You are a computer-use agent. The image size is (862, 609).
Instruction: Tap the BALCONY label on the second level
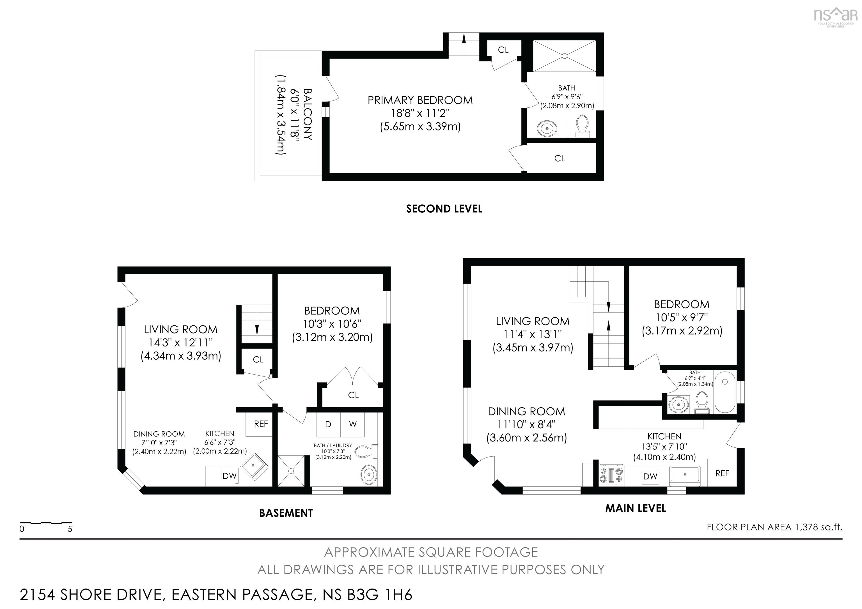click(307, 114)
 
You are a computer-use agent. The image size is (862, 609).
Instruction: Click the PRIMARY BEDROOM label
click(420, 100)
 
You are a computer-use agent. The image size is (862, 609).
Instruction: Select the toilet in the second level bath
click(582, 127)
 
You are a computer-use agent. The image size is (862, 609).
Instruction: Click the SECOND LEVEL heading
click(444, 209)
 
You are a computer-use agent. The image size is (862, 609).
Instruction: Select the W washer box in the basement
click(352, 424)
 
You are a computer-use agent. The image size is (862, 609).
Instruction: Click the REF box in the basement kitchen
click(261, 424)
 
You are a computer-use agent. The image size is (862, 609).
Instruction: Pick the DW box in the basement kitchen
click(230, 476)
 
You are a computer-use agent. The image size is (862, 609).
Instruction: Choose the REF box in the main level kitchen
click(722, 474)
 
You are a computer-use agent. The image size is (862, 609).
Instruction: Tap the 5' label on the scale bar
click(70, 529)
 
